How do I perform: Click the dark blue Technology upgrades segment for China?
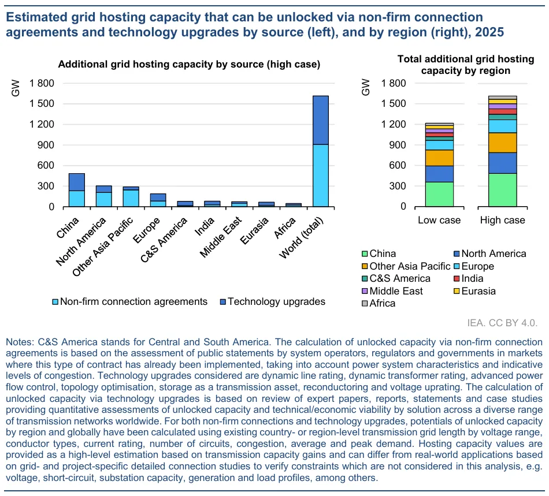77,182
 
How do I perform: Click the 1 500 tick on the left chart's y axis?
42,104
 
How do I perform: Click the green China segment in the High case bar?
502,189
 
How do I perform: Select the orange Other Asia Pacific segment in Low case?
439,158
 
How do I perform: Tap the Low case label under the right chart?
439,220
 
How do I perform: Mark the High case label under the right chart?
502,220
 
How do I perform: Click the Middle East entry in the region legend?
396,291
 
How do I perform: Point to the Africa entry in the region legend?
382,303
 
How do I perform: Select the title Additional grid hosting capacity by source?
189,64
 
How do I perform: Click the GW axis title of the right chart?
365,88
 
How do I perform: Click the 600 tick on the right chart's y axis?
398,166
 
